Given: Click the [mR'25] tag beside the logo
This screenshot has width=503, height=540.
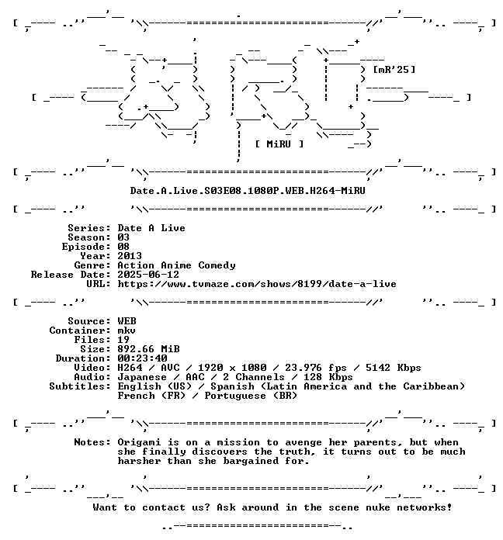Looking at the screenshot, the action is [x=394, y=70].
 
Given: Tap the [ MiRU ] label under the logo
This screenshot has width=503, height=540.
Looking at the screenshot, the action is [x=279, y=144].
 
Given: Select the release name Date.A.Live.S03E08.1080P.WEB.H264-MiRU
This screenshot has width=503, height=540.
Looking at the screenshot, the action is [x=248, y=190].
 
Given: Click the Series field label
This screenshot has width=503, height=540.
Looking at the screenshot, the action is [x=89, y=228].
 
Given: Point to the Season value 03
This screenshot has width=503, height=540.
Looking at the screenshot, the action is [x=123, y=237].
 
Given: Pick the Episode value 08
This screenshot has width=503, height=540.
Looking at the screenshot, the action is [x=123, y=247].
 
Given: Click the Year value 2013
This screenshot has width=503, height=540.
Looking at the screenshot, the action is [x=130, y=256].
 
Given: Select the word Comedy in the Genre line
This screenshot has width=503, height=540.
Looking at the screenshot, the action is [x=217, y=265].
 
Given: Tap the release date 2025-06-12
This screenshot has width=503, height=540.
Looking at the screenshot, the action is [x=148, y=275].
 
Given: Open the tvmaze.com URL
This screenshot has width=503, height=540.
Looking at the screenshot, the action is [x=257, y=284].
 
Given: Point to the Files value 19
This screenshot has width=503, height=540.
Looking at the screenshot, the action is [x=123, y=340].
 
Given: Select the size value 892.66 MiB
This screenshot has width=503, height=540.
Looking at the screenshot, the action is [x=148, y=349].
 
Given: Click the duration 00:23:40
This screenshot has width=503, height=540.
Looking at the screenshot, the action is [x=142, y=358].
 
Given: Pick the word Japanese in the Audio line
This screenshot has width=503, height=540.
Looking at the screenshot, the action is [x=142, y=377].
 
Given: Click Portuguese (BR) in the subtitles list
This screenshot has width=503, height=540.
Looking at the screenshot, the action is [x=251, y=396].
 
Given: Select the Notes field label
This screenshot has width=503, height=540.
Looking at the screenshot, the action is [x=92, y=442].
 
